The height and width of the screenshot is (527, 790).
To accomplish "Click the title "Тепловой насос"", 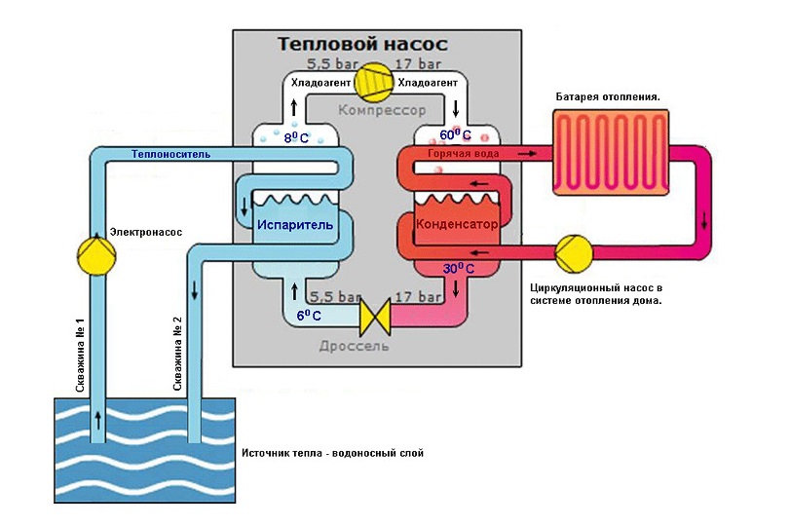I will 362,45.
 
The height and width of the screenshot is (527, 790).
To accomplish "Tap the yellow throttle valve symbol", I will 375,317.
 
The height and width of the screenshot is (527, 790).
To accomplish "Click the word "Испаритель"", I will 295,224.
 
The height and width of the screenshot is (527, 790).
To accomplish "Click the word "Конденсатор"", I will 457,224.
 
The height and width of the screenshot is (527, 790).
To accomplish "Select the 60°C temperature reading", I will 455,135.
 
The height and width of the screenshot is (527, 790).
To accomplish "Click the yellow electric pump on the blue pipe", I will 95,256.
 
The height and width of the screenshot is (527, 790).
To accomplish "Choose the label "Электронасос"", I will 145,232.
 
